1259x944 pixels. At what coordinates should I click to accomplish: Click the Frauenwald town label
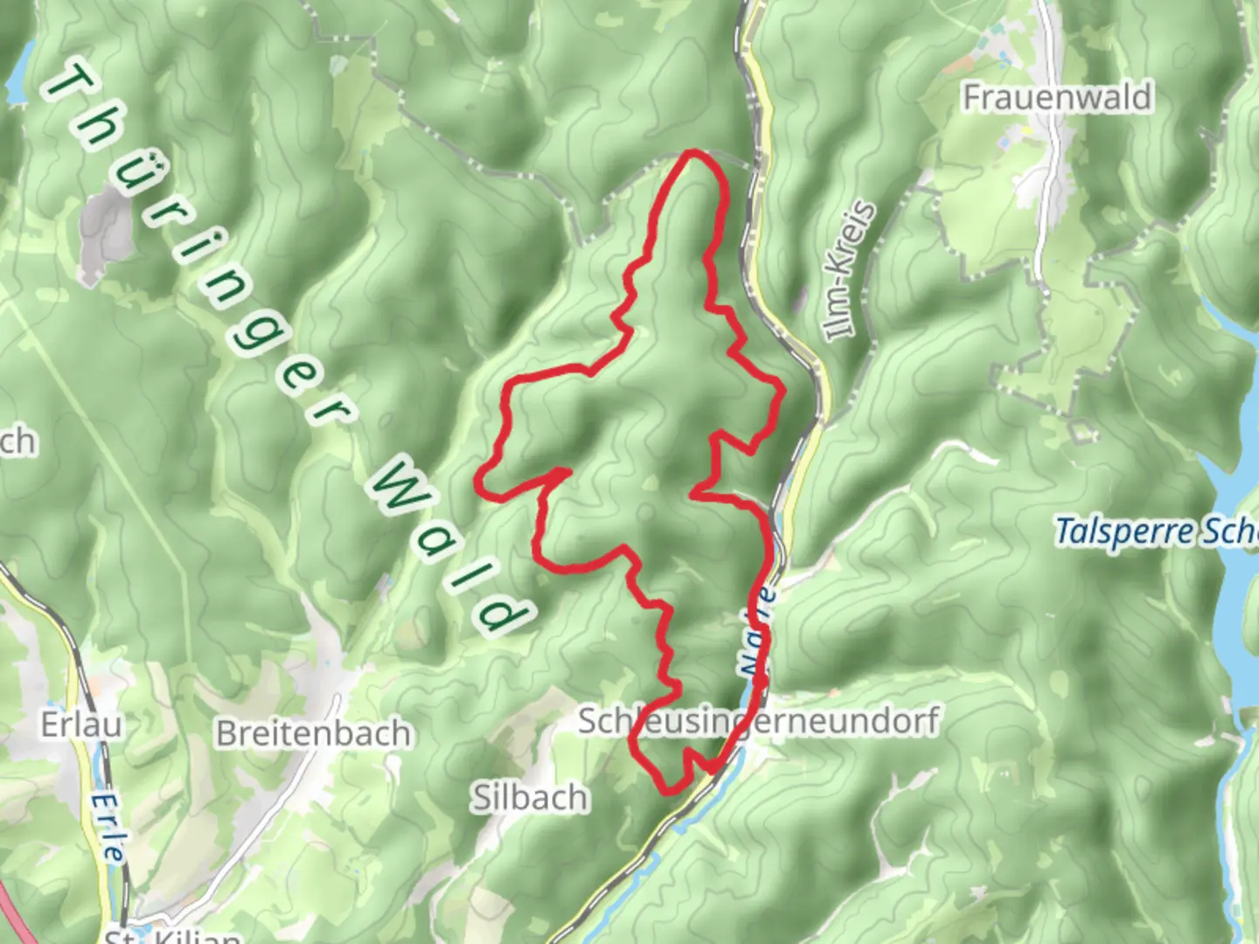[x=1056, y=97]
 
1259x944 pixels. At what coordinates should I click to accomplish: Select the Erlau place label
[x=81, y=725]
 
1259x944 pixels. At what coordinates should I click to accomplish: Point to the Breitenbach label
[x=313, y=732]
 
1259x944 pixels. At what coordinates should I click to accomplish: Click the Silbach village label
[x=530, y=797]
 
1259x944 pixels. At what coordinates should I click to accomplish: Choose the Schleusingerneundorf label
[x=759, y=721]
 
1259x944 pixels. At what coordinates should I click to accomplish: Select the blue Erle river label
[x=108, y=826]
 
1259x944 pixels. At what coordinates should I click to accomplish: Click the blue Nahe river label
[x=757, y=631]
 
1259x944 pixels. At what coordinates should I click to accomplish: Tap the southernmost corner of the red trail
[x=667, y=792]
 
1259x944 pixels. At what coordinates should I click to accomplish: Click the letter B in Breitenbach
[x=227, y=732]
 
